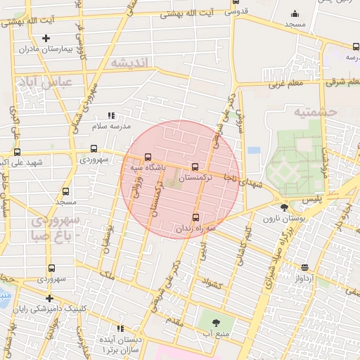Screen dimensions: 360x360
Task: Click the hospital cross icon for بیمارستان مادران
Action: click(46, 38)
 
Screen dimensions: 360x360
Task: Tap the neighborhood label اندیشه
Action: click(130, 63)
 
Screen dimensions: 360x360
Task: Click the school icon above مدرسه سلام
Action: click(110, 116)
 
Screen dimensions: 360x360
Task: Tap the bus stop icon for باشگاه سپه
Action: click(147, 157)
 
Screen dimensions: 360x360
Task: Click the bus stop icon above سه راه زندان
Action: click(195, 217)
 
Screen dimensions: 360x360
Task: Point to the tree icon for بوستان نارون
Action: click(284, 207)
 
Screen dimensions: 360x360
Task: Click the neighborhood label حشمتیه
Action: click(316, 112)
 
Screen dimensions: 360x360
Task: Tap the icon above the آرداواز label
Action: click(304, 267)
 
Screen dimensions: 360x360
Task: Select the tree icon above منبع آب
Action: click(215, 323)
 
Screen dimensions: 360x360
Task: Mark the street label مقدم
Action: click(174, 321)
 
